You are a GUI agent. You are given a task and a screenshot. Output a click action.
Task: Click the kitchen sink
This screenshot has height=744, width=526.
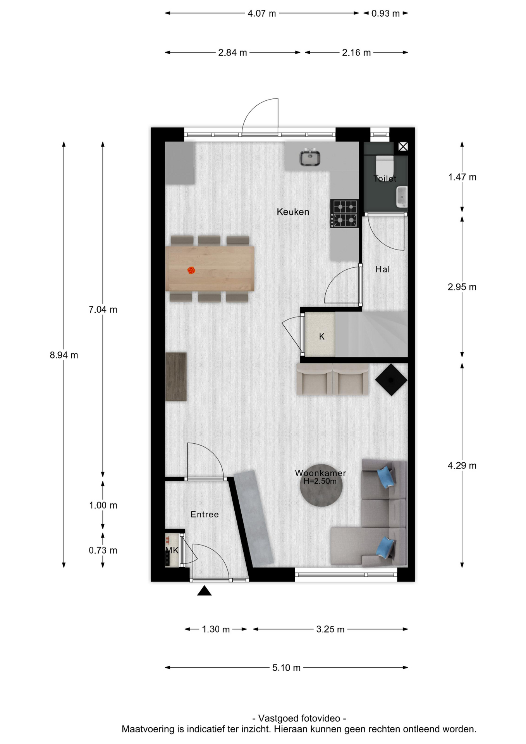point(310,157)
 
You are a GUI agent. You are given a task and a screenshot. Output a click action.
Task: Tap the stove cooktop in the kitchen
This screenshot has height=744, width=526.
point(344,214)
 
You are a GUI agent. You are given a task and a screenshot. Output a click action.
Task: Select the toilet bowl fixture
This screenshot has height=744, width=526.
point(385,165)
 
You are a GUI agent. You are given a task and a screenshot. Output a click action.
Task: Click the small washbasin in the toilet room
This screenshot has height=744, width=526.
point(402,196)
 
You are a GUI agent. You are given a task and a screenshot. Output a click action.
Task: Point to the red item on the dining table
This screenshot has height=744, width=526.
point(191,270)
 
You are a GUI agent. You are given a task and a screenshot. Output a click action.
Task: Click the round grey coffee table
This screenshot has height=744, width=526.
point(321,485)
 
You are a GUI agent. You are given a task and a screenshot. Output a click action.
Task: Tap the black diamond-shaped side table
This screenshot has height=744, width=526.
point(391,380)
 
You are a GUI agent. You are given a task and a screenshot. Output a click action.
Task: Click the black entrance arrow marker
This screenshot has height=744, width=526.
point(205,591)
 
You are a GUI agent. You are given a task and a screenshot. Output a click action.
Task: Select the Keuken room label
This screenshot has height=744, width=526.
point(293,212)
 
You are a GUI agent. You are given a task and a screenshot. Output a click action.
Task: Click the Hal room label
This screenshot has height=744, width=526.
point(383,269)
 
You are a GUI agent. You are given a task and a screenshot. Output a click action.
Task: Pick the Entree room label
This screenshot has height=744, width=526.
point(205,514)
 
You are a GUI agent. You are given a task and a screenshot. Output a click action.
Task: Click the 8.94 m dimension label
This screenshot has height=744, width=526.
point(64,355)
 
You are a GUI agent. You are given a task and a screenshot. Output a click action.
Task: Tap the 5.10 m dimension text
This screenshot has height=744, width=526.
point(287,668)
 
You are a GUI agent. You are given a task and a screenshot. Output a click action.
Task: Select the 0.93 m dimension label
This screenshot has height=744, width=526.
point(385,14)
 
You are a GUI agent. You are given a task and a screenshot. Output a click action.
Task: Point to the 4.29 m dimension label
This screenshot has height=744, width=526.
point(462,466)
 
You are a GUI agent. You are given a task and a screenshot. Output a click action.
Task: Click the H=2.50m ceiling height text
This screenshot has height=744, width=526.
point(320,481)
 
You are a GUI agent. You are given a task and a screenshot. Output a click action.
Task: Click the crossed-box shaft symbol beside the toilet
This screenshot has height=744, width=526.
point(403,146)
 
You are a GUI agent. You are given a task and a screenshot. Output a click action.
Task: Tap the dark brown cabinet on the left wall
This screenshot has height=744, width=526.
point(176,377)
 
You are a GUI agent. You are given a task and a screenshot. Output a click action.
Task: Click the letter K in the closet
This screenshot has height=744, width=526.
point(321,337)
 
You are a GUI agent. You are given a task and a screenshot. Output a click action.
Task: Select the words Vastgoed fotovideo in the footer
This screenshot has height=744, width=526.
point(299,718)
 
